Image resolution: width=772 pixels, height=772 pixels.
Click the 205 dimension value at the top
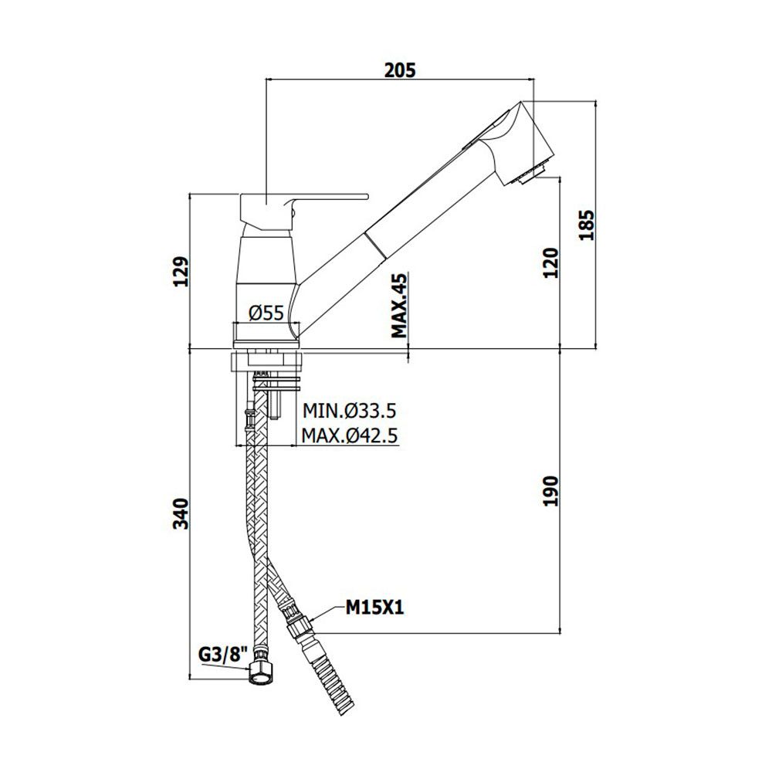(400, 70)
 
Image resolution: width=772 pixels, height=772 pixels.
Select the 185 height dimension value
(587, 225)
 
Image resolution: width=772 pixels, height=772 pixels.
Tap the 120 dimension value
(551, 263)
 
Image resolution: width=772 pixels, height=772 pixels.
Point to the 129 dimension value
(181, 272)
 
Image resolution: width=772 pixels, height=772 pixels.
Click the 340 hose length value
(181, 513)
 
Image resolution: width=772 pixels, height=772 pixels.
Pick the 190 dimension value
(551, 491)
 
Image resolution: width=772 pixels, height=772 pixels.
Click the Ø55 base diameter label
(266, 313)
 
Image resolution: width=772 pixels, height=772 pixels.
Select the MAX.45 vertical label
(399, 306)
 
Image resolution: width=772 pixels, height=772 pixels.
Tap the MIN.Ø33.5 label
(349, 410)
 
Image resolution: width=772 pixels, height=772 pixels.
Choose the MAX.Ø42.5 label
(350, 435)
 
